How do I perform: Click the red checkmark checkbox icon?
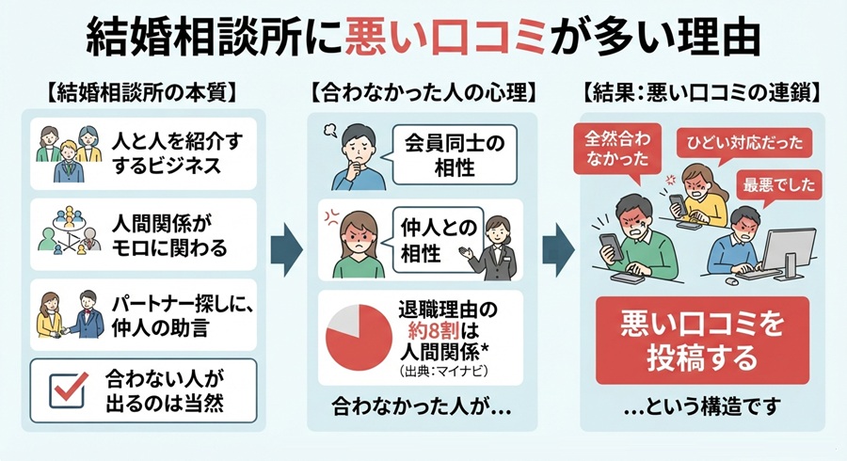(68, 389)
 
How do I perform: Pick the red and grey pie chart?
(359, 338)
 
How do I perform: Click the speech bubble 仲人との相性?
(436, 241)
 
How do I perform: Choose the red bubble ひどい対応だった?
(744, 142)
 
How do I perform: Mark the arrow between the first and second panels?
(286, 250)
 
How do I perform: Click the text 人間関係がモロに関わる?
(169, 235)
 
